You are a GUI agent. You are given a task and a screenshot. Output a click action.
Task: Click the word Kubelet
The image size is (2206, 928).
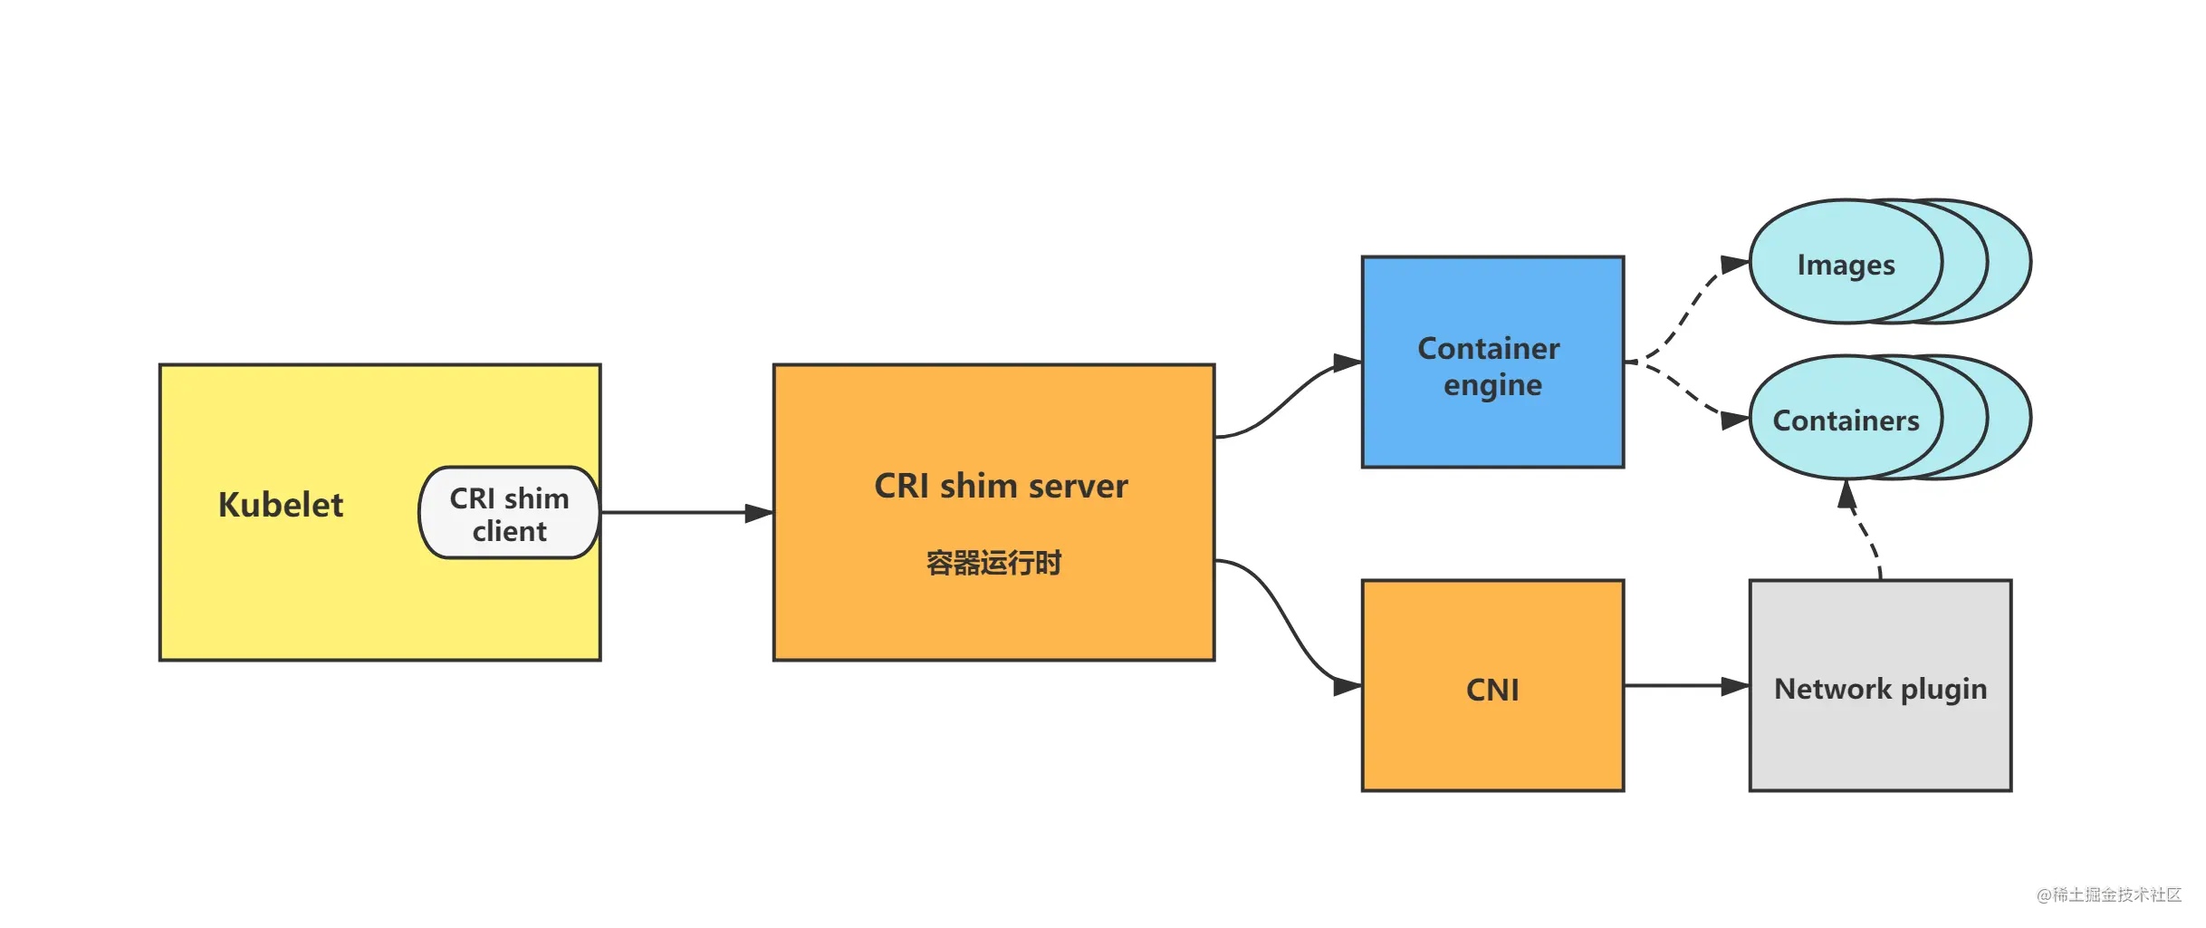281,505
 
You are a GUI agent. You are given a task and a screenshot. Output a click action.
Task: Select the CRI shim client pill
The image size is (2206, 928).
509,513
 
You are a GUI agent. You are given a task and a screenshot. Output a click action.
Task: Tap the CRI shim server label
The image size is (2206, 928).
1001,486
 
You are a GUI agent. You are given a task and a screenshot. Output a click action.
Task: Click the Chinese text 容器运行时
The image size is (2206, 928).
993,563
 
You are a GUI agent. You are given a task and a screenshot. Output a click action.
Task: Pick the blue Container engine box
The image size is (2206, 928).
1492,362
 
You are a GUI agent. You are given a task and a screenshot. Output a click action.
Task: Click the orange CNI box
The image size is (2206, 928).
1492,686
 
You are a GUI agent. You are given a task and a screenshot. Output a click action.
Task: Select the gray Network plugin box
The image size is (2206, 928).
1881,686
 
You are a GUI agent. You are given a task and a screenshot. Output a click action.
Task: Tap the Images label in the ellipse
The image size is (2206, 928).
1846,265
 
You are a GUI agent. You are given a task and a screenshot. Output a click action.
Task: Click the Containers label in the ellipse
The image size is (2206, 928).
1846,420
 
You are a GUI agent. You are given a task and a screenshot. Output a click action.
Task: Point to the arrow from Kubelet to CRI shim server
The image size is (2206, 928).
687,513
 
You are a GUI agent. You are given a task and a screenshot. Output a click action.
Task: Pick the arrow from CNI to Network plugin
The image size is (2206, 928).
1686,686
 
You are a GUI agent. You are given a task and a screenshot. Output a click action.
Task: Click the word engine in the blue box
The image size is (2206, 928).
1492,386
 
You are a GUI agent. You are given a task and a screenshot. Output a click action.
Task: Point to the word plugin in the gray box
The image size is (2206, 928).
1943,690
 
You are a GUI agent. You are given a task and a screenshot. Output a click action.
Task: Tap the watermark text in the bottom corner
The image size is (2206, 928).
2109,894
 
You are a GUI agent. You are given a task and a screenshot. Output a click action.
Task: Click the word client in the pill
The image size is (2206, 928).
509,531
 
